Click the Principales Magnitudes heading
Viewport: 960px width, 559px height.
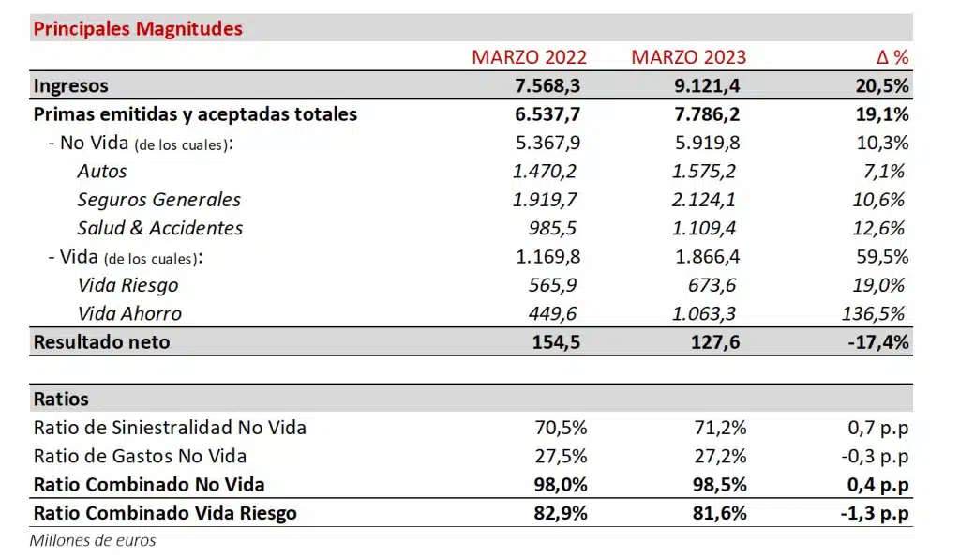(138, 28)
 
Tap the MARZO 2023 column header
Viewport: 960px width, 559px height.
(688, 57)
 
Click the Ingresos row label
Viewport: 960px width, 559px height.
(71, 86)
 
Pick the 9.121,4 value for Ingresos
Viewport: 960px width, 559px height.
(706, 86)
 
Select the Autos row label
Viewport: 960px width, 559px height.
(102, 172)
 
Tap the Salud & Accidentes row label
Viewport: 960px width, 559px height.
(160, 228)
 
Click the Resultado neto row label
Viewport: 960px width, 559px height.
(101, 342)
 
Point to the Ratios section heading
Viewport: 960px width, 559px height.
(61, 399)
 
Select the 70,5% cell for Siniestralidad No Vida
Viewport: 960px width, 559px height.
(561, 428)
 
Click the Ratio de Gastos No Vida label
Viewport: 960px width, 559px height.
(140, 456)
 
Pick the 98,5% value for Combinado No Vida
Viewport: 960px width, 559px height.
(720, 485)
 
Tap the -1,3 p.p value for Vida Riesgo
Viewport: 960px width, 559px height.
(874, 513)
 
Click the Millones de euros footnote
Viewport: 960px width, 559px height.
(93, 540)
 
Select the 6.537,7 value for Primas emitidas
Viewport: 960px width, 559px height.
(547, 114)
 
